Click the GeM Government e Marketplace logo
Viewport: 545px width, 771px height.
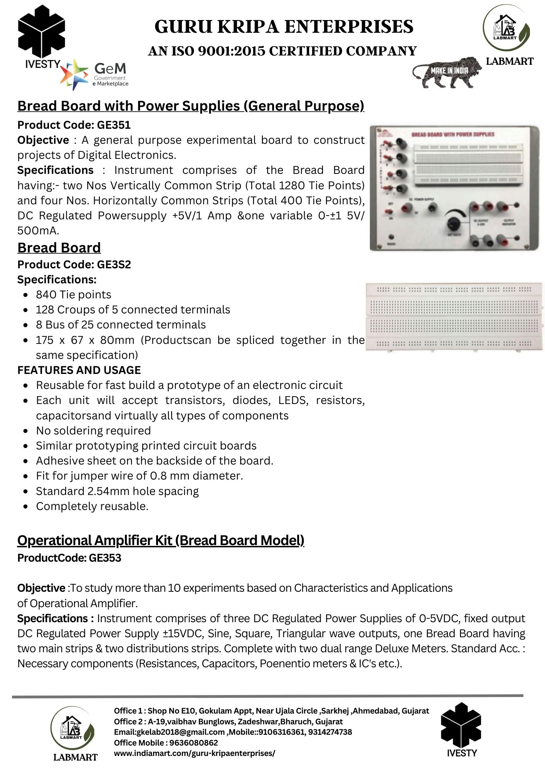94,74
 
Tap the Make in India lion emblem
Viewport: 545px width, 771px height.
447,72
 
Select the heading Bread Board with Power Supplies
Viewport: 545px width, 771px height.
190,106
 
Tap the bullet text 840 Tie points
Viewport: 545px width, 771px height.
73,295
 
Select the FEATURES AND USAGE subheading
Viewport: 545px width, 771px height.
79,370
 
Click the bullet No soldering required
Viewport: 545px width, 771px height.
93,431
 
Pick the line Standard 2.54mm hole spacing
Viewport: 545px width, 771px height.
117,491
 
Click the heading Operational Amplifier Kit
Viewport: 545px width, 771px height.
161,540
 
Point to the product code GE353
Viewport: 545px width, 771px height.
105,558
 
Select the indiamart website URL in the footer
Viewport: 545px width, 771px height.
194,753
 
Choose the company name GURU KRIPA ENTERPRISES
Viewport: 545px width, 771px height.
284,27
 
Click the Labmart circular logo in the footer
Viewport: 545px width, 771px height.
72,728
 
